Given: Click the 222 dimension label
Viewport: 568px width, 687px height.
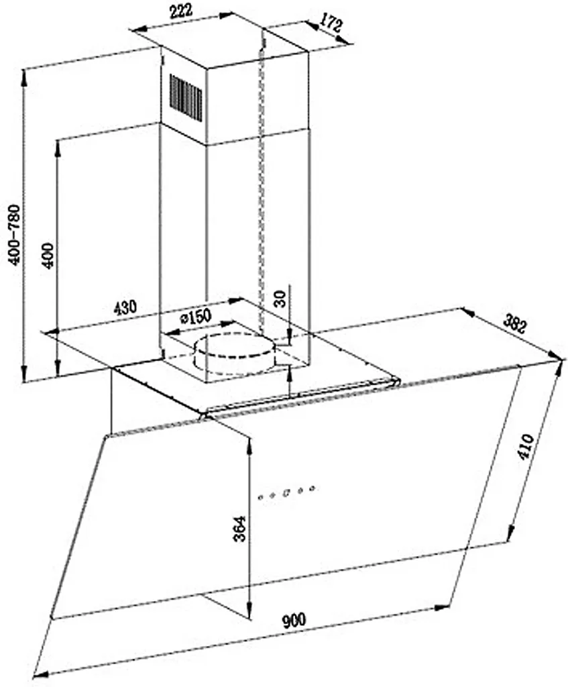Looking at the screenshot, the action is coord(181,11).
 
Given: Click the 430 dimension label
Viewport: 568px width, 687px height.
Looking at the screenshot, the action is coord(125,307).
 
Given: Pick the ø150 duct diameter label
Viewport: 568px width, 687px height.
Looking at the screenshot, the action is coord(196,317).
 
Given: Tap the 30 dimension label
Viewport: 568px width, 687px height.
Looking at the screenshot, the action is coord(281,299).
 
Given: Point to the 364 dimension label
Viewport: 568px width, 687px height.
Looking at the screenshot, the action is coord(239,529).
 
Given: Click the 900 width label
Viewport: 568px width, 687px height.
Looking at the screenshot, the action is coord(294,621).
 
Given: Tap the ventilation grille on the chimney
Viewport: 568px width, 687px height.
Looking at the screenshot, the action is coord(186,98).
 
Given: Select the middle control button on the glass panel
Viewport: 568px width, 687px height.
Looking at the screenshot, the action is coord(286,493).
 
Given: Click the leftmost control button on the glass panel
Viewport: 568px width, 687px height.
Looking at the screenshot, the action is coord(261,497).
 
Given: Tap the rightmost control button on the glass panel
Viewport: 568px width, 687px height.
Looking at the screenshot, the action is coord(313,488).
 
